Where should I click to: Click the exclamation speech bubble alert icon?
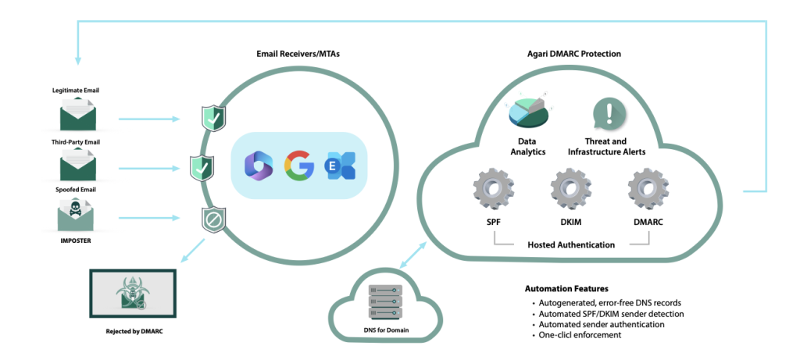pos(609,114)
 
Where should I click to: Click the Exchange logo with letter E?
pos(342,167)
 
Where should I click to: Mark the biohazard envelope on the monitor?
pos(134,293)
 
